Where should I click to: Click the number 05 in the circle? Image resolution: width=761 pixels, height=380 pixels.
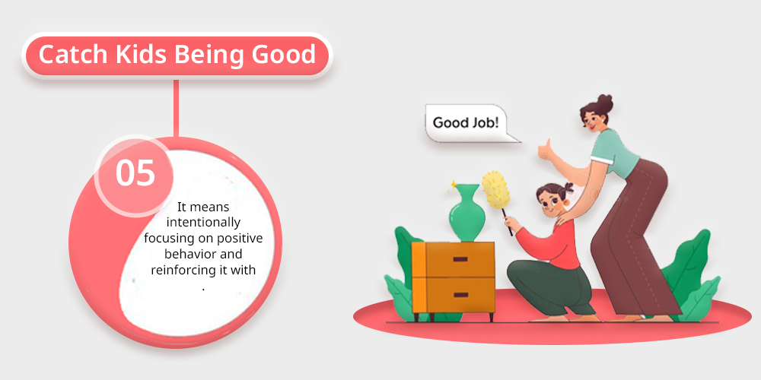[x=135, y=173]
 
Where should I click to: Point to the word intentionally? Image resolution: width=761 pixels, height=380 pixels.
[x=203, y=223]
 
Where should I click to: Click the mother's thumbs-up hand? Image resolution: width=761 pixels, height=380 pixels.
[x=546, y=149]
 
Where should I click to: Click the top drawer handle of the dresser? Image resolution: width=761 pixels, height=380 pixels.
[x=460, y=259]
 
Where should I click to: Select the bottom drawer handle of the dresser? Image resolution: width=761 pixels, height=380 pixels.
[x=460, y=295]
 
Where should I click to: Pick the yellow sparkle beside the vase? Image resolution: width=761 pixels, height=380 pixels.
[x=454, y=184]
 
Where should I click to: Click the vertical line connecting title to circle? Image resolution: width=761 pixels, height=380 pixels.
[x=177, y=109]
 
